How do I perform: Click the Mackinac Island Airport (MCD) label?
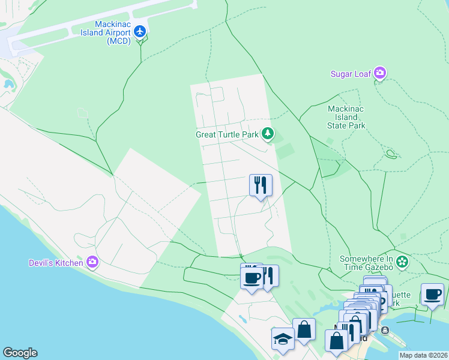pyautogui.click(x=106, y=33)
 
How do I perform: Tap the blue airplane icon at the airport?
pyautogui.click(x=140, y=31)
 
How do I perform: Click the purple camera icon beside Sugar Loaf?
pyautogui.click(x=379, y=73)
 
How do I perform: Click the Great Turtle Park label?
pyautogui.click(x=227, y=134)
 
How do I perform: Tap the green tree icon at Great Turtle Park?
pyautogui.click(x=268, y=134)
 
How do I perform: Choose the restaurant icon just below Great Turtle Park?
pyautogui.click(x=261, y=185)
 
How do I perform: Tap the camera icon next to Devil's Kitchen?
pyautogui.click(x=92, y=262)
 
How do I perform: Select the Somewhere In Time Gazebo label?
pyautogui.click(x=366, y=263)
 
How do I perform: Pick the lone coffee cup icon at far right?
pyautogui.click(x=432, y=294)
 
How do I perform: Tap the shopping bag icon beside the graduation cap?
pyautogui.click(x=304, y=329)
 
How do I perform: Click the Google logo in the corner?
pyautogui.click(x=20, y=353)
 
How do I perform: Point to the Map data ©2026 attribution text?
pyautogui.click(x=423, y=355)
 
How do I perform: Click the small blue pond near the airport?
pyautogui.click(x=8, y=83)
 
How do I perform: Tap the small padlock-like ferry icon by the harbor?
pyautogui.click(x=385, y=330)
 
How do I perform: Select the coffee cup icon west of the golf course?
pyautogui.click(x=252, y=278)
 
